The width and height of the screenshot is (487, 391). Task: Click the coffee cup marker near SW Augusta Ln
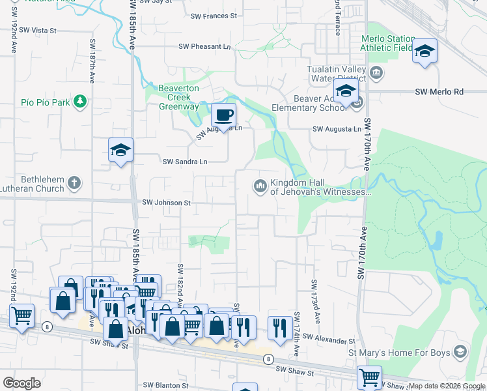click(x=223, y=116)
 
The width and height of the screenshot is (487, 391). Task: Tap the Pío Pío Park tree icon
click(x=79, y=102)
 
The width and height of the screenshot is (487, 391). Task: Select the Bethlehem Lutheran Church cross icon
click(x=74, y=182)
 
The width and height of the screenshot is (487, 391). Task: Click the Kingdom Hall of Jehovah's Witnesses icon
click(x=260, y=186)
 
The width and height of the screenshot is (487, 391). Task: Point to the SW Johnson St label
click(x=166, y=203)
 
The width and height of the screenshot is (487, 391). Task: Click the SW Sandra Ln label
click(x=185, y=162)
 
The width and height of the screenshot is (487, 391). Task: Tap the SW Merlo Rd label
click(x=439, y=92)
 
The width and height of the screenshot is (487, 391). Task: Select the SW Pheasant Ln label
click(x=205, y=46)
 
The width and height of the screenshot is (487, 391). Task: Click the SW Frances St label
click(x=214, y=16)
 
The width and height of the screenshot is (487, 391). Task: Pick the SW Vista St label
click(x=38, y=30)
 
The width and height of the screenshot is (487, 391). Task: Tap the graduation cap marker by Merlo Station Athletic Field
click(x=424, y=51)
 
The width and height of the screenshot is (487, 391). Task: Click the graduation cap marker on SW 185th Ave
click(x=120, y=151)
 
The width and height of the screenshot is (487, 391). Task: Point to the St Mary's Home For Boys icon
click(x=460, y=353)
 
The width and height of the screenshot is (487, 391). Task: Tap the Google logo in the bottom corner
click(x=21, y=383)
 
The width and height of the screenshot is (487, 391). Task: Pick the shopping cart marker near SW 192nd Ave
click(x=21, y=316)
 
